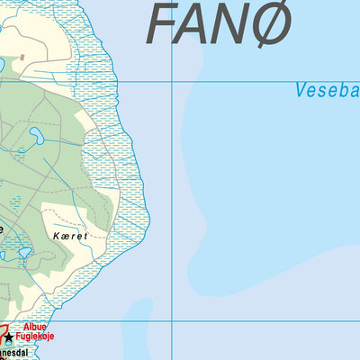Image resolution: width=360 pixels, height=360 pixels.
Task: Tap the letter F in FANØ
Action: tap(163, 25)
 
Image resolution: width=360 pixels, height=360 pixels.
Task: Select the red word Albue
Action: tap(34, 327)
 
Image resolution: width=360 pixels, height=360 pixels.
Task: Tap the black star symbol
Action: tap(9, 337)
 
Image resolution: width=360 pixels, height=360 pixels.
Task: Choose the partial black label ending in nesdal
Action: tap(17, 354)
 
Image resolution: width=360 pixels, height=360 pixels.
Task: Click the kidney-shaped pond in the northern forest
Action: tap(38, 137)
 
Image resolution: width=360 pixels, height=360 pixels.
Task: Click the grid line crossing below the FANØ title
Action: tap(172, 82)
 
